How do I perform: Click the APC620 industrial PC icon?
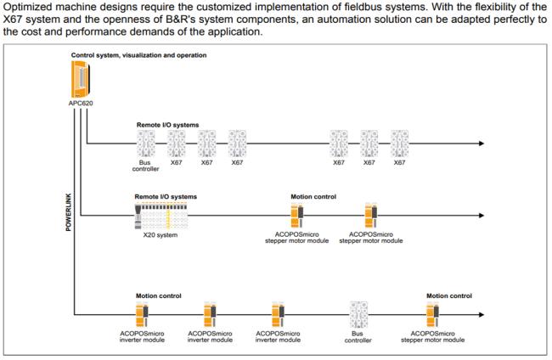coord(81,79)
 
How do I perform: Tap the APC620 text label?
coord(81,103)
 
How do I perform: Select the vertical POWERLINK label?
coord(68,212)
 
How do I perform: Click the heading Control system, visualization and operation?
coord(138,55)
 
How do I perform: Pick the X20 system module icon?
coord(161,216)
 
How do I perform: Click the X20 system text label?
coord(161,234)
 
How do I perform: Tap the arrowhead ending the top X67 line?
coord(482,143)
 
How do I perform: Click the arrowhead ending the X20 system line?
coord(482,215)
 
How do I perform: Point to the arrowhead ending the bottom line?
coord(482,314)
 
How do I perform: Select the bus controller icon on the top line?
coord(146,143)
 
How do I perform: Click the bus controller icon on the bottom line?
coord(358,315)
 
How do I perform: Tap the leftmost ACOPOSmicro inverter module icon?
coord(142,314)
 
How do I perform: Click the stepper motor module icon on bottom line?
coord(432,314)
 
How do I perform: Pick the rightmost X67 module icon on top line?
coord(400,143)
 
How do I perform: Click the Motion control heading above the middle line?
coord(313,197)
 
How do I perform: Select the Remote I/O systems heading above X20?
coord(166,197)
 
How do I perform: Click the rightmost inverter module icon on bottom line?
coord(278,314)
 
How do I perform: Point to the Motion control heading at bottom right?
coord(449,296)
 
